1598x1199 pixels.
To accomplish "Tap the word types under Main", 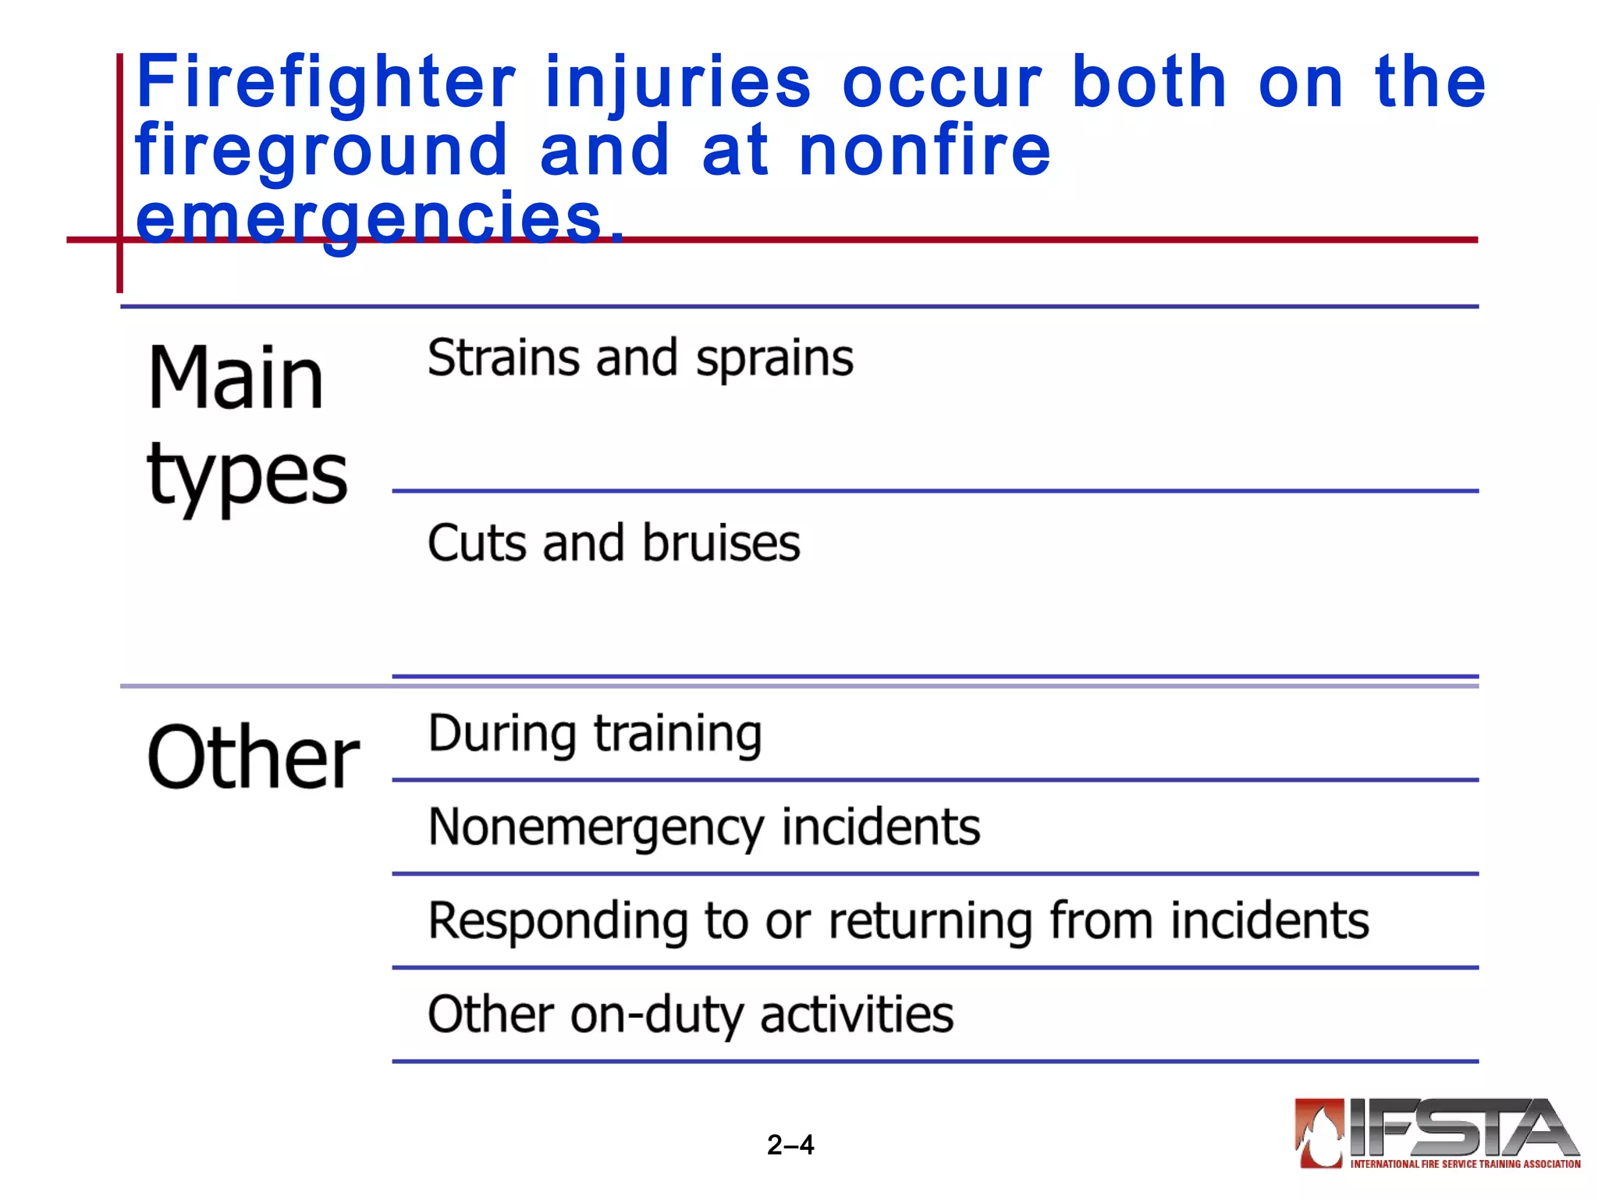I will [x=247, y=475].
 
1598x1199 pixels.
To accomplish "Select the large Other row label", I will [x=253, y=757].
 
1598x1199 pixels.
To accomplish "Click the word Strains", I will [x=503, y=358].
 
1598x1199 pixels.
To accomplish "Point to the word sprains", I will [x=774, y=360].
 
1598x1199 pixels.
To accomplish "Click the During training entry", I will [x=595, y=735].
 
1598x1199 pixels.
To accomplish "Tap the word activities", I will [x=857, y=1015].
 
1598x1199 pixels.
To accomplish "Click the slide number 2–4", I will [x=790, y=1145].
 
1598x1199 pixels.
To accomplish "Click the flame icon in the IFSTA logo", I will [x=1319, y=1133].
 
